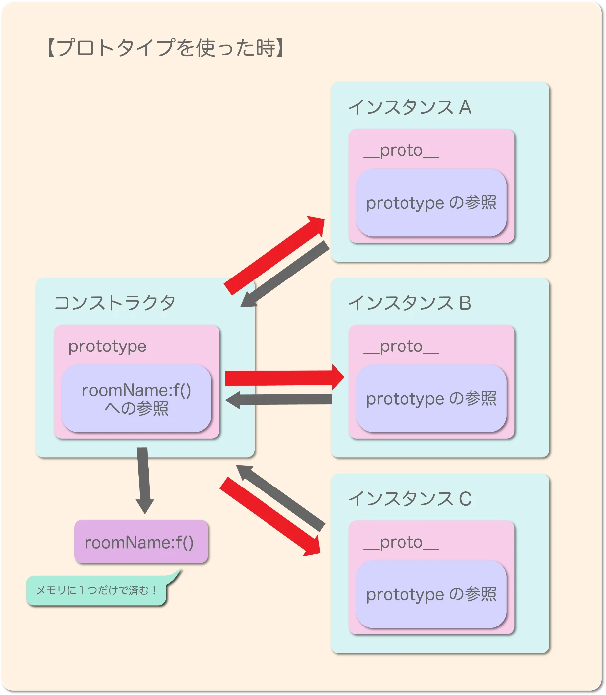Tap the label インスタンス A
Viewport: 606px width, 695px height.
pos(409,107)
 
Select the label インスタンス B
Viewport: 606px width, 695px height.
pos(409,303)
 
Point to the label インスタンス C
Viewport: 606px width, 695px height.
pos(409,499)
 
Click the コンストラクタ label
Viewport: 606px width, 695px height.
pos(114,303)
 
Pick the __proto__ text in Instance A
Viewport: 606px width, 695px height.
pos(401,151)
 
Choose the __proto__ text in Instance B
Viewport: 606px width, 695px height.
pos(401,347)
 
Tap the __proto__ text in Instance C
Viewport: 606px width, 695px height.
pos(401,543)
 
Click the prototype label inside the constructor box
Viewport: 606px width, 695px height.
pos(107,347)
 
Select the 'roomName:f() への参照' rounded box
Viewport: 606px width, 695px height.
pos(136,399)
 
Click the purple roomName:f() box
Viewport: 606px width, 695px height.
pos(141,542)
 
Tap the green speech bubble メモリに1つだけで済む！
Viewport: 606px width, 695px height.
pos(96,591)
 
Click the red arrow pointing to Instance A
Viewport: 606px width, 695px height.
pos(274,256)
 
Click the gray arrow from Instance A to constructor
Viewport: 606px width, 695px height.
pos(286,274)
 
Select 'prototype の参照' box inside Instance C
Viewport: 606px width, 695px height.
pos(431,594)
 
